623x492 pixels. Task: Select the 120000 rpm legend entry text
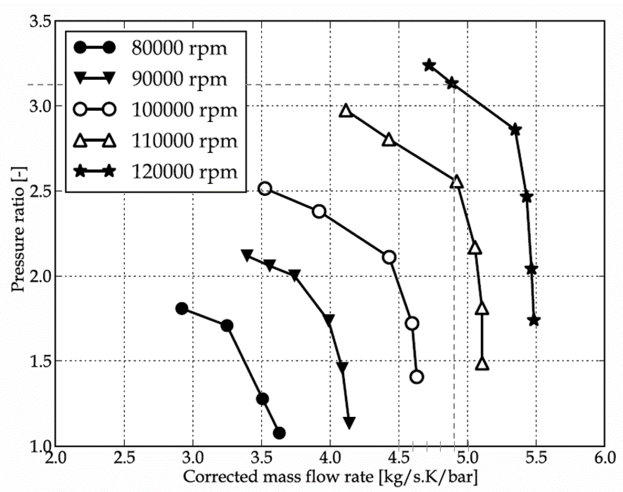(184, 172)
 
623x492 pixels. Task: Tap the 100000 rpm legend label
(184, 110)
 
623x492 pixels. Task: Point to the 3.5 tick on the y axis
(40, 22)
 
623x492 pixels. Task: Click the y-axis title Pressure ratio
(18, 229)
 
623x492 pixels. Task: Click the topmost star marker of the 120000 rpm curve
(429, 65)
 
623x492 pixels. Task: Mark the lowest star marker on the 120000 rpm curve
(534, 320)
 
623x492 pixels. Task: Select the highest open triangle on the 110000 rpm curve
(346, 111)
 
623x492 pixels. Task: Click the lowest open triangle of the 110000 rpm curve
(482, 364)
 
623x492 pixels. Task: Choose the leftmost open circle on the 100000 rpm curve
(265, 189)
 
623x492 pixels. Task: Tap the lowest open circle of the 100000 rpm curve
(417, 377)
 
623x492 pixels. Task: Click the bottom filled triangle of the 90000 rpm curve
(349, 423)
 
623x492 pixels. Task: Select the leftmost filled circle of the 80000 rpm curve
(182, 309)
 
